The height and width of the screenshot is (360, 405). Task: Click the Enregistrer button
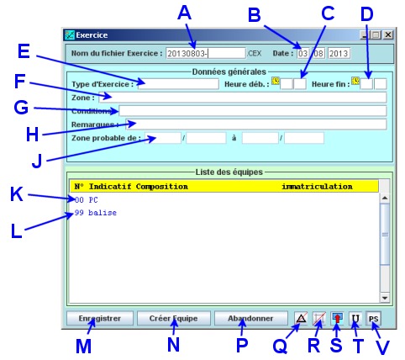[100, 319]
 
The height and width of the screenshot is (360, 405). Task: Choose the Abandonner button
[250, 319]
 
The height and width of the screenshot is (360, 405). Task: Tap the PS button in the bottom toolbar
[373, 319]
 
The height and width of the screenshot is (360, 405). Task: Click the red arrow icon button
[337, 319]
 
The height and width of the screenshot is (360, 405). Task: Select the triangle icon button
[301, 319]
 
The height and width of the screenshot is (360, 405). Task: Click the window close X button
[388, 34]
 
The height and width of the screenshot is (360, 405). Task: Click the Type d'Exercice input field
[178, 84]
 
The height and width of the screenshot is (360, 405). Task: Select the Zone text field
[243, 98]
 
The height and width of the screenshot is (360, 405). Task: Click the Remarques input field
[256, 124]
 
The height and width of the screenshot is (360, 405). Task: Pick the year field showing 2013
[339, 53]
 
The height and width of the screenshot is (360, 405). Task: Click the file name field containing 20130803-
[206, 53]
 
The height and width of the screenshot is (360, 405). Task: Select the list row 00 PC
[87, 200]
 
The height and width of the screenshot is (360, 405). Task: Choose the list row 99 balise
[96, 213]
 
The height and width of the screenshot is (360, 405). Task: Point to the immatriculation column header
[317, 187]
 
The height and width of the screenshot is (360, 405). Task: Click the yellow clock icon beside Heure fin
[355, 81]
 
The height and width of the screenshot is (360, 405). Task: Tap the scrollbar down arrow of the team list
[385, 298]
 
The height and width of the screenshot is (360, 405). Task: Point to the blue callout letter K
[17, 194]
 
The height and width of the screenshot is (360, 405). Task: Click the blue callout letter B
[255, 15]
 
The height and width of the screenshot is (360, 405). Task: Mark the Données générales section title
[229, 71]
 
